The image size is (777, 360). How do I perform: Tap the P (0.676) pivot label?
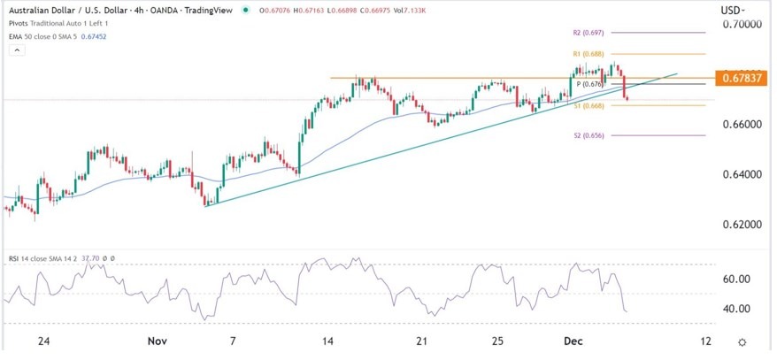[590, 84]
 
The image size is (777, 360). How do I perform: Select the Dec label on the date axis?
[569, 341]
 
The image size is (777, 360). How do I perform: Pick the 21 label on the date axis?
[421, 341]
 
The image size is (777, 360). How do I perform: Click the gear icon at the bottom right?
[742, 341]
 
